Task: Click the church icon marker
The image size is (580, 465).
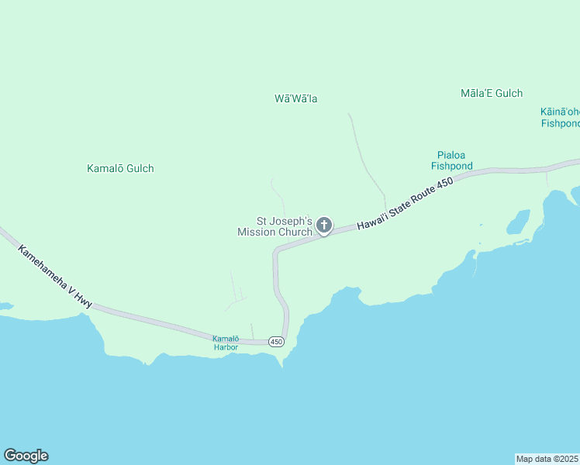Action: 323,226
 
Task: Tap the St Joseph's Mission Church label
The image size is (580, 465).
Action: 275,226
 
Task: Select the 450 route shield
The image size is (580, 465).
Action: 276,342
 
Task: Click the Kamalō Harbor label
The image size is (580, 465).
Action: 226,343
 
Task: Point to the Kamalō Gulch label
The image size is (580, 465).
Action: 120,168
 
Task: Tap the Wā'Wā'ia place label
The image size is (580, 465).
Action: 296,98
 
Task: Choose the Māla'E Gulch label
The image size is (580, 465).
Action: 492,93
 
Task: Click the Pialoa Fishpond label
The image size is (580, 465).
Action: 452,160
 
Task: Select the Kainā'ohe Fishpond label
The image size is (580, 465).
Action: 560,117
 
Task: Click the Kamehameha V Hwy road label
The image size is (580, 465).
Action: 55,277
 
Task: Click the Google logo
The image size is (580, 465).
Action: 26,456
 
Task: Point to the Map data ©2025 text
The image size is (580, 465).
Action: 547,458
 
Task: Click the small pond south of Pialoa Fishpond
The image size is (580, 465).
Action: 518,222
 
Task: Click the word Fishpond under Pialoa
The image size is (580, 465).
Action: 452,165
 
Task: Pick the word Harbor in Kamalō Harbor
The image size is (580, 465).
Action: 226,347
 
